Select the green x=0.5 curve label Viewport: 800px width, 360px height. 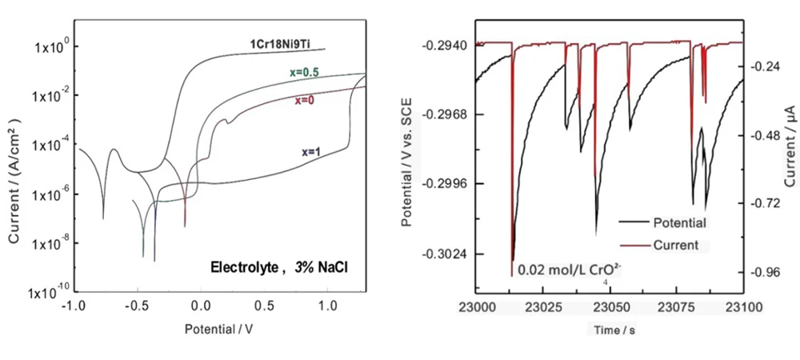coord(305,73)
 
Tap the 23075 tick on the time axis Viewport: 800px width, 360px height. coord(678,306)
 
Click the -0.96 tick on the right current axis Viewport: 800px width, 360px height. coord(766,273)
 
